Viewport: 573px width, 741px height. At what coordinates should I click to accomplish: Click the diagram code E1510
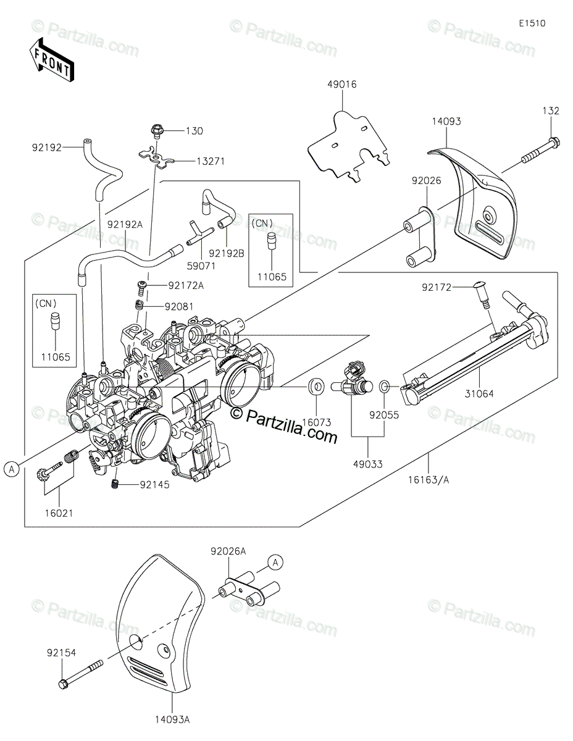[x=532, y=23]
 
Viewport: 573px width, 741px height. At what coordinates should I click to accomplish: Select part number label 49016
[x=342, y=84]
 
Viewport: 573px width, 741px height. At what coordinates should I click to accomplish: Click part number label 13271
[x=211, y=161]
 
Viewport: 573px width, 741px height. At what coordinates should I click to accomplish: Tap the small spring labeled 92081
[x=139, y=304]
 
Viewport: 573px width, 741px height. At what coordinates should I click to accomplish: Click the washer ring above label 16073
[x=317, y=387]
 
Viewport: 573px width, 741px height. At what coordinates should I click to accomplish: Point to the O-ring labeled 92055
[x=384, y=387]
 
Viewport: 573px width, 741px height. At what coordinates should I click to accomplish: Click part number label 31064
[x=479, y=394]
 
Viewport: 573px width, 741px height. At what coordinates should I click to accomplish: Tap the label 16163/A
[x=429, y=480]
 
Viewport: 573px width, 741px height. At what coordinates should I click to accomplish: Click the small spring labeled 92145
[x=116, y=484]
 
